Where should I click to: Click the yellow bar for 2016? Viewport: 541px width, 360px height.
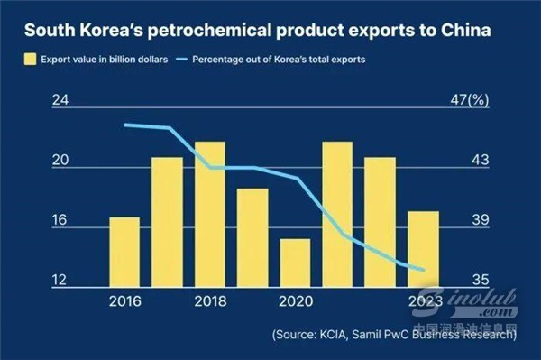tap(124, 252)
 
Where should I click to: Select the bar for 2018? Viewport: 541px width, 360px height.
tap(210, 215)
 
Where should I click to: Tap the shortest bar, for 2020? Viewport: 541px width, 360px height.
tap(295, 263)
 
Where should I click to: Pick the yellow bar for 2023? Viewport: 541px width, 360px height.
tap(424, 249)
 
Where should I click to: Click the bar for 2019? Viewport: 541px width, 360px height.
tap(252, 238)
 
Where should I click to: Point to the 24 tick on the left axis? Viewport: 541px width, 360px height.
tap(60, 100)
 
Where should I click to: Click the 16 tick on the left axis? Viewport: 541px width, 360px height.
tap(60, 220)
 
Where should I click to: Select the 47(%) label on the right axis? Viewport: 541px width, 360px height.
tap(470, 100)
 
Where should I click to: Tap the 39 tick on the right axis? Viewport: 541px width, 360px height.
tap(481, 220)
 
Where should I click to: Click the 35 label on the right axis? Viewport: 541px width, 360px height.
tap(481, 280)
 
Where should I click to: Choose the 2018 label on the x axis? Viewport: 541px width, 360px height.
tap(210, 301)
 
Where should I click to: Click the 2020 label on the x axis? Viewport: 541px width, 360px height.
tap(296, 301)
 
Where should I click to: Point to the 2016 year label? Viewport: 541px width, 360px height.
tap(125, 301)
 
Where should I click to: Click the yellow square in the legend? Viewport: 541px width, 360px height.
tap(30, 59)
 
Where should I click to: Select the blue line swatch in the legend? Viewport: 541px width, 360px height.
tap(181, 59)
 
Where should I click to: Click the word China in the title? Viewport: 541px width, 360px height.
tap(466, 30)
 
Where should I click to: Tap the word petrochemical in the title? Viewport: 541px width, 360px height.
tap(209, 31)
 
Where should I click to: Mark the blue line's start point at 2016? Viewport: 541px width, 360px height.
tap(125, 125)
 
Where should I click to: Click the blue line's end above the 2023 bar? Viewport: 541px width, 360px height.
tap(423, 270)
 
